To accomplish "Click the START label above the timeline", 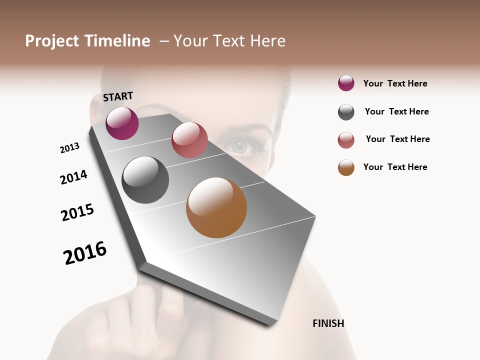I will (x=118, y=96).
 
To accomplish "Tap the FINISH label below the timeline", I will (x=328, y=323).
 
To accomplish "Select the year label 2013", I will (x=69, y=148).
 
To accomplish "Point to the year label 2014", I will (x=73, y=177).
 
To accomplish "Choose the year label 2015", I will (x=77, y=212).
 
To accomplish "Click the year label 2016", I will (x=85, y=253).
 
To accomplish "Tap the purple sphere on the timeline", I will (x=122, y=123).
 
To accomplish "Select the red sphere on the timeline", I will (x=189, y=140).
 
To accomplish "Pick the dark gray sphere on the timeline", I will (x=145, y=180).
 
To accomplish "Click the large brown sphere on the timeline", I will (x=216, y=207).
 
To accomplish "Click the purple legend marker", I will (x=346, y=83).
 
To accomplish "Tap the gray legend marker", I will (x=346, y=112).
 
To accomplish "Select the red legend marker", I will (x=346, y=140).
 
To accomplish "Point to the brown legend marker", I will (x=346, y=167).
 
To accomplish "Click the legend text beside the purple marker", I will (x=395, y=83).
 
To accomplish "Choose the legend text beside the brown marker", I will (x=395, y=167).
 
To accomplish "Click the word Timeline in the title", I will (x=117, y=41).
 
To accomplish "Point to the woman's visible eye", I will (x=240, y=147).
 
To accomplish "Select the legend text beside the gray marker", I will (x=396, y=111).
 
